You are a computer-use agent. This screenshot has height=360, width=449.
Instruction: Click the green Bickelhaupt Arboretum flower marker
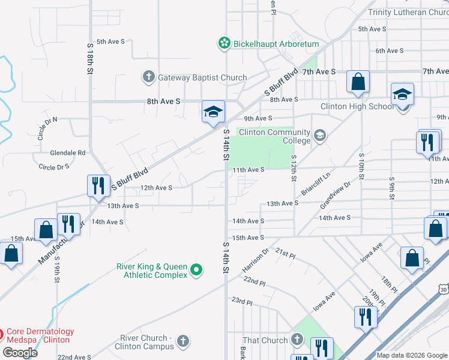click(x=224, y=43)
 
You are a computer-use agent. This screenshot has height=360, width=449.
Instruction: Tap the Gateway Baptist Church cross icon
click(x=148, y=77)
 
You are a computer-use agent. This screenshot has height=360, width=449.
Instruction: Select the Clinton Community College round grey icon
click(x=320, y=136)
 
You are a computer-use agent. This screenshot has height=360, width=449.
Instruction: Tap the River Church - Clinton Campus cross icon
click(x=183, y=342)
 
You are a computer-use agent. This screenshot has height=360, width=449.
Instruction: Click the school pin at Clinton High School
click(x=402, y=96)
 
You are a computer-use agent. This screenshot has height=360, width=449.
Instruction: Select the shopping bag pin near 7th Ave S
click(x=358, y=83)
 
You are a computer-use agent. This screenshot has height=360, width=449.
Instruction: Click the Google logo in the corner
click(x=20, y=352)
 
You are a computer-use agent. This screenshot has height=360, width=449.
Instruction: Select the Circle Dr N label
click(x=47, y=128)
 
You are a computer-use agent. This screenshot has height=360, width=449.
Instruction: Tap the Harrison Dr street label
click(x=255, y=260)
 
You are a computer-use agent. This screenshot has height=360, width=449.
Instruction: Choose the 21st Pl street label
click(x=286, y=254)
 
